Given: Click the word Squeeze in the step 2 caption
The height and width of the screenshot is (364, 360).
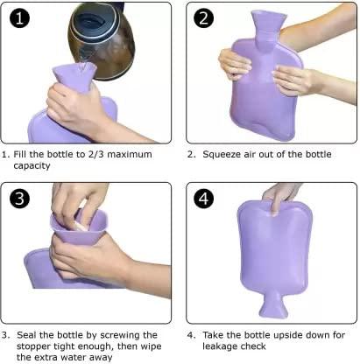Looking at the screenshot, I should pos(227,155).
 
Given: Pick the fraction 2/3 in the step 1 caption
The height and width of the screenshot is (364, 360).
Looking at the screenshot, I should pos(93,155).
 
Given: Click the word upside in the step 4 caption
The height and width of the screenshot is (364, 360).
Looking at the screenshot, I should pos(284,334).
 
